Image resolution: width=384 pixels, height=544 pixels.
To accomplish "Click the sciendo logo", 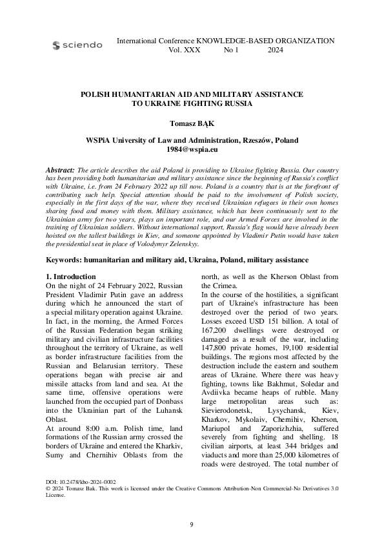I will click(x=76, y=45).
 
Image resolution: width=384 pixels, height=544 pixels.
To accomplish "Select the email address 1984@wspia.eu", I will click(x=192, y=148).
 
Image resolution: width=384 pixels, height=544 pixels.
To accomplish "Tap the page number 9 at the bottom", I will click(x=192, y=524).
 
